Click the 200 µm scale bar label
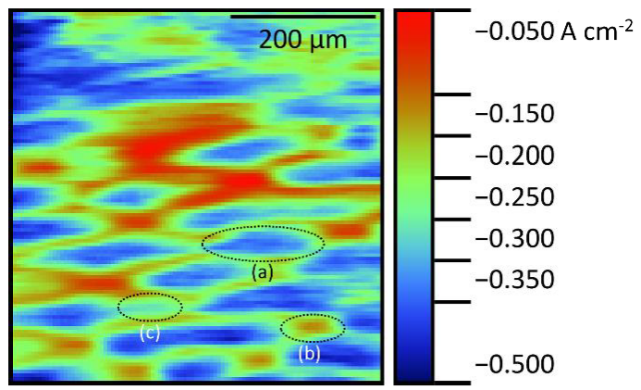pyautogui.click(x=302, y=40)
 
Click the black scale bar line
pyautogui.click(x=302, y=16)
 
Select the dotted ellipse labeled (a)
pyautogui.click(x=263, y=243)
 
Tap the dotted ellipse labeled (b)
pyautogui.click(x=313, y=327)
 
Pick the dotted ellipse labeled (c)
pyautogui.click(x=150, y=306)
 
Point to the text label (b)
pyautogui.click(x=310, y=352)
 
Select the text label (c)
pyautogui.click(x=150, y=333)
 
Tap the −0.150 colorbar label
pyautogui.click(x=513, y=115)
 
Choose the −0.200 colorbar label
pyautogui.click(x=513, y=156)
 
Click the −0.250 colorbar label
pyautogui.click(x=513, y=197)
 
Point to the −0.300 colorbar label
pyautogui.click(x=513, y=239)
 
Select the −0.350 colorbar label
pyautogui.click(x=513, y=280)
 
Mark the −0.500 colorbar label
pyautogui.click(x=513, y=362)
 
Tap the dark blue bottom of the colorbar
pyautogui.click(x=413, y=371)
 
